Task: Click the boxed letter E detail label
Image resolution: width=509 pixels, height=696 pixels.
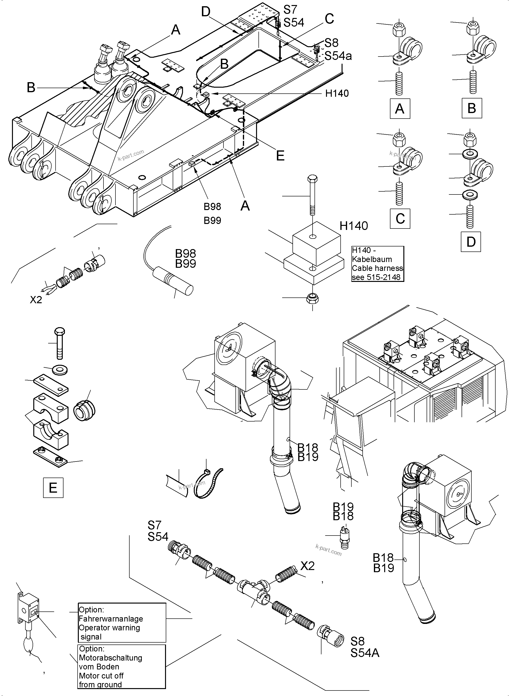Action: coord(53,488)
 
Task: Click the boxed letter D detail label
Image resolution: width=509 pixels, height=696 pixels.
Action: coord(471,242)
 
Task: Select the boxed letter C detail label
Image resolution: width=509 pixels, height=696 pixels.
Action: coord(400,218)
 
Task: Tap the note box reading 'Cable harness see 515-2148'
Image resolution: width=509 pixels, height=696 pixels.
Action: coord(377,264)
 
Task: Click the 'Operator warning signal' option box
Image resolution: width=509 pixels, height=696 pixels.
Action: coord(122,623)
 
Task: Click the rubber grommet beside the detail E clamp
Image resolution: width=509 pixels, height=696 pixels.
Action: coord(84,410)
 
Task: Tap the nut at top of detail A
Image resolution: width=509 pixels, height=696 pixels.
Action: coord(399,29)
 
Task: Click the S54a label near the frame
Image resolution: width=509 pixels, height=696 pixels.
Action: coord(338,56)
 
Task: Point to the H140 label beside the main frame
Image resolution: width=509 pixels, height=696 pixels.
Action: coord(337,93)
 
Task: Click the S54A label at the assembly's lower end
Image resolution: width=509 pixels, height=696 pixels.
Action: coord(365,653)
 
